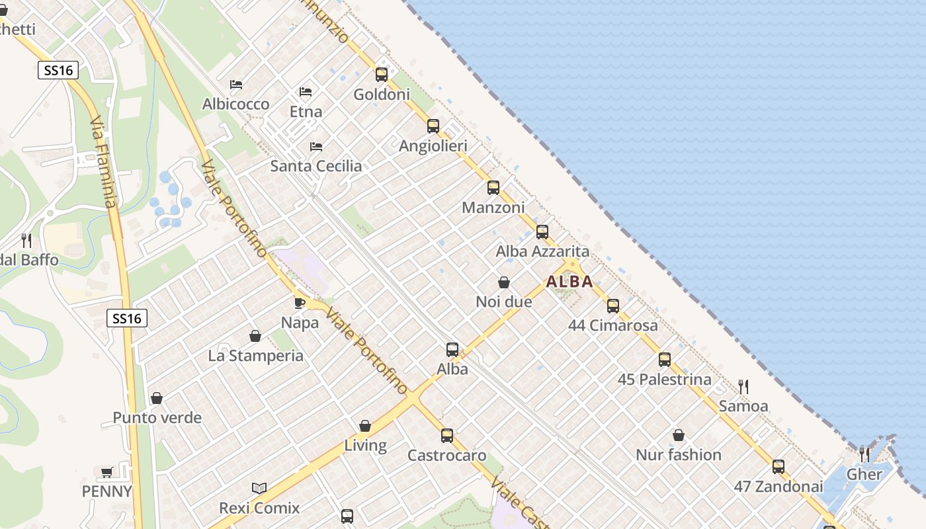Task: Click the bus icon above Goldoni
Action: pos(382,74)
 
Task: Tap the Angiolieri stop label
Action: pos(433,145)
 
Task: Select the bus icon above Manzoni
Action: pos(493,188)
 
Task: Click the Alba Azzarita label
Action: pos(542,251)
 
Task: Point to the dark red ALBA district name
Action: pos(569,282)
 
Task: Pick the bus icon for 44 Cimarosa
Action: pos(613,305)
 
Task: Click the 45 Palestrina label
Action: pos(664,380)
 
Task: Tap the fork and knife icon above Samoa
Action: pos(743,387)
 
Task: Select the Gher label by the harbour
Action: pos(864,474)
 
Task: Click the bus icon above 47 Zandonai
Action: pos(779,467)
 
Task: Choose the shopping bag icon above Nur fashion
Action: pos(679,435)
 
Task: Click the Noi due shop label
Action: pos(504,302)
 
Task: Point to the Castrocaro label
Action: pos(446,456)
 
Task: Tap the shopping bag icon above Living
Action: pos(365,426)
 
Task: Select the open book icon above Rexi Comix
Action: pos(259,489)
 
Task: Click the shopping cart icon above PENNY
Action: pos(106,472)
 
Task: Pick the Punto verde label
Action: pos(157,418)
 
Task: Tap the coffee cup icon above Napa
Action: pos(300,303)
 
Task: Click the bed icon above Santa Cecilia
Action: pos(316,146)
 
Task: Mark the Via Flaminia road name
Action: pos(105,163)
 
